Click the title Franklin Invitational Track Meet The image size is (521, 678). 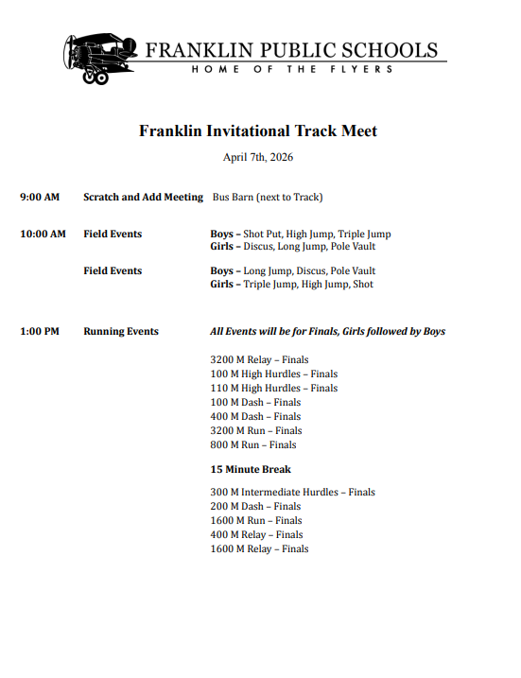tap(258, 130)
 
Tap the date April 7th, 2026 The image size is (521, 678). tap(258, 157)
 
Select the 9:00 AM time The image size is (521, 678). tap(40, 197)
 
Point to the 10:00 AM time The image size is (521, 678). tap(43, 234)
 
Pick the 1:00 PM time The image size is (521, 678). tap(40, 331)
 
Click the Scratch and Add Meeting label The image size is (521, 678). tap(143, 197)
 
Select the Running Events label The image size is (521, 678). tap(121, 331)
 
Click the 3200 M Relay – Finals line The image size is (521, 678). tap(259, 359)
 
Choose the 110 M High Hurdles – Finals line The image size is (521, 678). tap(273, 388)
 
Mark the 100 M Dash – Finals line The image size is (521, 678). tap(255, 402)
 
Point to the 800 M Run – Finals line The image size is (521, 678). tap(252, 444)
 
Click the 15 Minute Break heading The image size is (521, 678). tap(251, 469)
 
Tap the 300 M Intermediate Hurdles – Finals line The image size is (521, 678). tap(292, 492)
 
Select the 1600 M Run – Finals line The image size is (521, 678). tap(256, 520)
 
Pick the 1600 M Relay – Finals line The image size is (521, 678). tap(259, 548)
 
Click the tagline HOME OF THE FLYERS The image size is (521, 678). tap(292, 70)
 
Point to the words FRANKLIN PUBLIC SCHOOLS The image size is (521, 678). tap(291, 50)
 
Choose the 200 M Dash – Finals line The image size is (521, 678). tap(255, 506)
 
